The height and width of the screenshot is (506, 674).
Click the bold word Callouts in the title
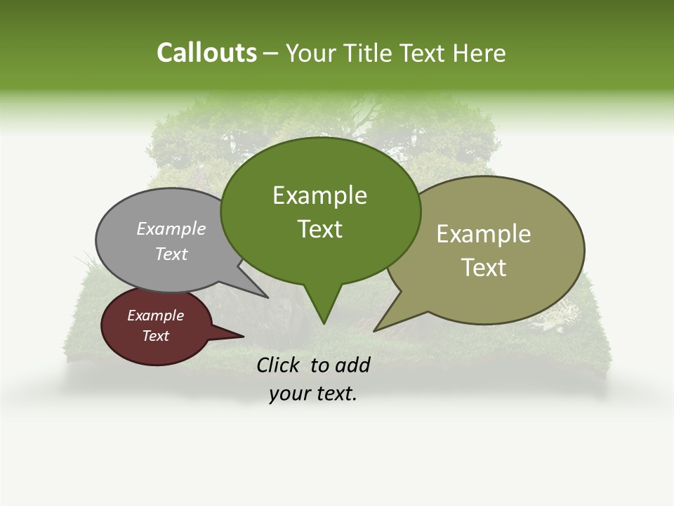click(x=206, y=53)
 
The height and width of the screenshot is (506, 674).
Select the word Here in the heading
click(x=480, y=53)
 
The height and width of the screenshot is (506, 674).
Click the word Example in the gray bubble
click(x=171, y=228)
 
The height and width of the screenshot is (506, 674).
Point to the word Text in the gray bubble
click(x=171, y=254)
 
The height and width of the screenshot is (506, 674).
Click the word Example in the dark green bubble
click(x=319, y=195)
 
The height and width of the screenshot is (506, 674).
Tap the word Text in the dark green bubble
click(x=319, y=229)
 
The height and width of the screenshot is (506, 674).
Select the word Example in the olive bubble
click(x=484, y=234)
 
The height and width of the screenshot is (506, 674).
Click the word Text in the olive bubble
click(x=484, y=268)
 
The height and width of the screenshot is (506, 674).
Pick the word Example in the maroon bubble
click(x=155, y=316)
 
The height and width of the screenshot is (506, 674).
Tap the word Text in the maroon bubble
click(x=155, y=336)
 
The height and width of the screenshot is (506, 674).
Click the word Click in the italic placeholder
click(x=279, y=365)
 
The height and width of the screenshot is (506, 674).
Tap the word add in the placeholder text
click(x=352, y=365)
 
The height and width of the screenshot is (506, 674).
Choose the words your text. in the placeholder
click(x=313, y=394)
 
